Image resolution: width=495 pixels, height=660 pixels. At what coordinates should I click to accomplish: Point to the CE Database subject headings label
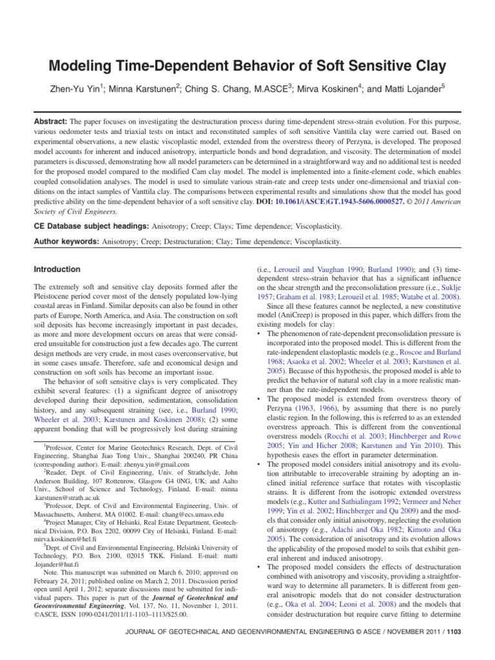[x=90, y=227]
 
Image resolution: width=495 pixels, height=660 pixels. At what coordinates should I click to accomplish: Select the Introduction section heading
[x=58, y=269]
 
